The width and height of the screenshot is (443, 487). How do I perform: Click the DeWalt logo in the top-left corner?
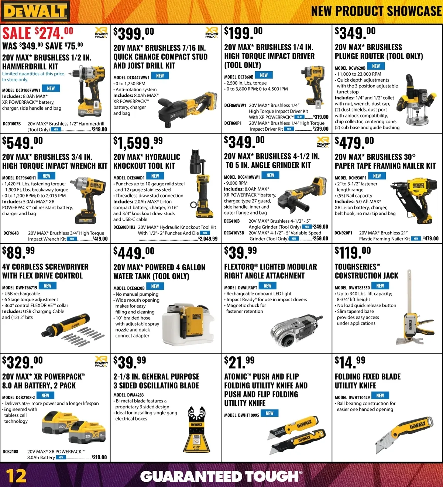35,11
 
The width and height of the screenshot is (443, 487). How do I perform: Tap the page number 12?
16,476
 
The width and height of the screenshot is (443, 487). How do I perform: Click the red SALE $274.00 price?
38,33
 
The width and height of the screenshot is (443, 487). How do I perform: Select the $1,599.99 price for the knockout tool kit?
138,143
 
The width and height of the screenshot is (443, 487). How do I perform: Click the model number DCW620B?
350,68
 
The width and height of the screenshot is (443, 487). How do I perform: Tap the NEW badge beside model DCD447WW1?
160,75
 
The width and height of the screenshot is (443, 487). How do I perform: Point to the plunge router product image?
416,100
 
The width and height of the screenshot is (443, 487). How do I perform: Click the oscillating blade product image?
197,429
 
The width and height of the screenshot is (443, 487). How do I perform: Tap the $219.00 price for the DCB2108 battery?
99,457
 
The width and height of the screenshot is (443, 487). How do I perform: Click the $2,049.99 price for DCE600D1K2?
208,239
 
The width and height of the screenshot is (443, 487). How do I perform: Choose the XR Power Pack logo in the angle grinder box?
323,142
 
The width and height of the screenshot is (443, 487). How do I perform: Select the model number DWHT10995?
241,415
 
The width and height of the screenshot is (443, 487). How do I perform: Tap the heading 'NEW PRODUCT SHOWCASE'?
377,11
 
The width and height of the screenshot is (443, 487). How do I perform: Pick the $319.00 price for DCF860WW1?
321,117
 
